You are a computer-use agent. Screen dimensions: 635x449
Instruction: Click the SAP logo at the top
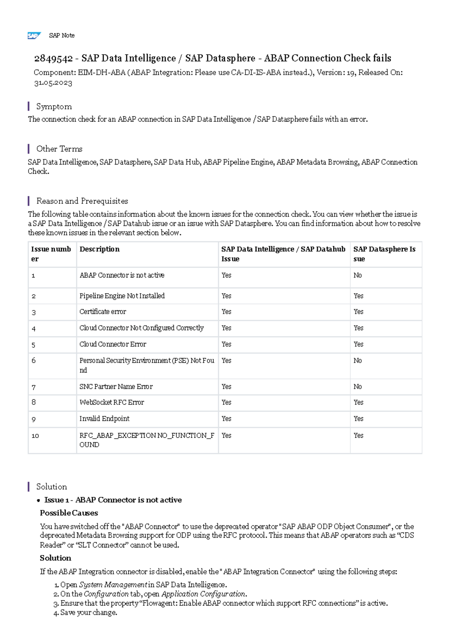coord(34,36)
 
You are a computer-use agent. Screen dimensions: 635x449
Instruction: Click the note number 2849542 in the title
coord(53,58)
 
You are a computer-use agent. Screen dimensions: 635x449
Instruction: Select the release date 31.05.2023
coord(53,83)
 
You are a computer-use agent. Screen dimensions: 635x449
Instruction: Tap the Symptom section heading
coord(54,107)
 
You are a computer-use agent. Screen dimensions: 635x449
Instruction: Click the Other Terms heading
coord(59,149)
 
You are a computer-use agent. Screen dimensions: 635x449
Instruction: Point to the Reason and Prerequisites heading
coord(82,201)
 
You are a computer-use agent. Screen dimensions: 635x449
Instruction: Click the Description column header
coord(100,249)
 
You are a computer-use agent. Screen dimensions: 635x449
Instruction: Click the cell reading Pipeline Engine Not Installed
coord(122,296)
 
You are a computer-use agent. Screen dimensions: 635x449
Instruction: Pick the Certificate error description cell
coord(103,312)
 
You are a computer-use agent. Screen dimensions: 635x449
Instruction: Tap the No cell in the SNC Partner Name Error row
coord(358,387)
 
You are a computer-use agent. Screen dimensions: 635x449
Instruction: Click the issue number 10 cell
coord(35,436)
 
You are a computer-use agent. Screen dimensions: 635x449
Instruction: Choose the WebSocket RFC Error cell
coord(112,402)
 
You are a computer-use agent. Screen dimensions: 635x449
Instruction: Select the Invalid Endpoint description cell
coord(104,419)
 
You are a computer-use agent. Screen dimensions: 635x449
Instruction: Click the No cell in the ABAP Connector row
coord(358,275)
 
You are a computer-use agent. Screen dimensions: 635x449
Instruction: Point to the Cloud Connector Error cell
coord(113,344)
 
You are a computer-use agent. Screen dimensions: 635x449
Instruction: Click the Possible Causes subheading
coord(69,513)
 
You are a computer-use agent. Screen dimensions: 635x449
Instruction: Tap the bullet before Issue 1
coord(39,501)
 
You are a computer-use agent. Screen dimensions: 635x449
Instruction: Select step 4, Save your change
coord(88,613)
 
